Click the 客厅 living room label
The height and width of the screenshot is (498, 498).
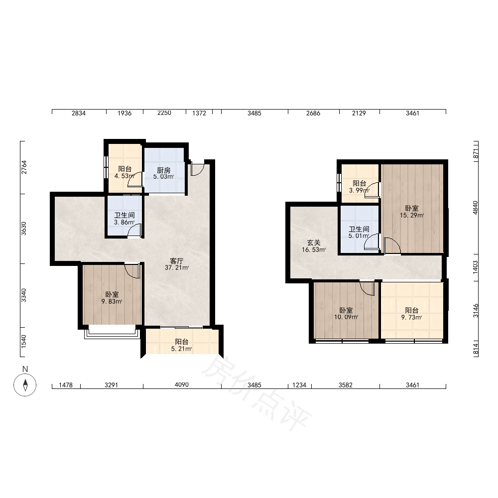pyautogui.click(x=177, y=261)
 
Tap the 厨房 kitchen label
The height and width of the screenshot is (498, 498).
pyautogui.click(x=163, y=170)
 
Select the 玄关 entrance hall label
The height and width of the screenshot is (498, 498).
pyautogui.click(x=313, y=243)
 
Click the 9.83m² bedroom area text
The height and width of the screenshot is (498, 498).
pyautogui.click(x=112, y=301)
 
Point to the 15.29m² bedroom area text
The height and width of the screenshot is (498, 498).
pyautogui.click(x=412, y=215)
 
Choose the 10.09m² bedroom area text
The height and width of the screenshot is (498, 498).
pyautogui.click(x=346, y=317)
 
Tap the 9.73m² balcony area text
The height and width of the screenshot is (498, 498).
pyautogui.click(x=412, y=317)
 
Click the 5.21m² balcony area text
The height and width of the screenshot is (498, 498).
pyautogui.click(x=181, y=349)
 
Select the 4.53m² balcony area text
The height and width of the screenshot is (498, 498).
pyautogui.click(x=124, y=176)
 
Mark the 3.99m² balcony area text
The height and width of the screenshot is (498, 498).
pyautogui.click(x=359, y=191)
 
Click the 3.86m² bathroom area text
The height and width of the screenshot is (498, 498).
pyautogui.click(x=124, y=222)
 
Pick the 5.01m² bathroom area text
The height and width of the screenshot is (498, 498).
pyautogui.click(x=359, y=236)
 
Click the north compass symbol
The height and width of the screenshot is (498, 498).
pyautogui.click(x=25, y=385)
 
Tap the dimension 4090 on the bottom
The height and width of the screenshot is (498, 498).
pyautogui.click(x=182, y=385)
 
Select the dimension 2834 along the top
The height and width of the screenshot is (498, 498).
pyautogui.click(x=79, y=113)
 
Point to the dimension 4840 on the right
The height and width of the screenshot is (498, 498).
pyautogui.click(x=475, y=208)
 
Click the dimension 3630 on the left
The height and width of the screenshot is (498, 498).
pyautogui.click(x=24, y=229)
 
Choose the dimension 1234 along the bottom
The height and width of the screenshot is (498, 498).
pyautogui.click(x=299, y=385)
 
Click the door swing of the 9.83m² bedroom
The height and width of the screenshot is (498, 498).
pyautogui.click(x=132, y=270)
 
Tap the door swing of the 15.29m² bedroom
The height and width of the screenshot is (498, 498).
pyautogui.click(x=392, y=246)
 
